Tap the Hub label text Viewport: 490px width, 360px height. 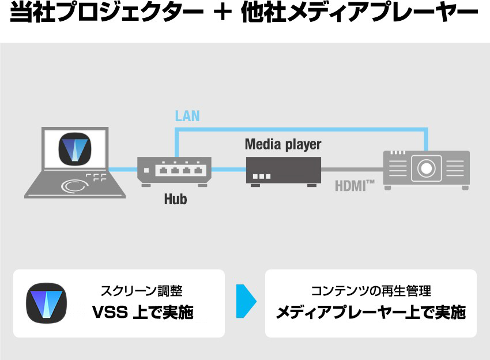pyautogui.click(x=175, y=200)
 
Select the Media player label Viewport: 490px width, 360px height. pyautogui.click(x=283, y=144)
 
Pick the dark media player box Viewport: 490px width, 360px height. pyautogui.click(x=283, y=170)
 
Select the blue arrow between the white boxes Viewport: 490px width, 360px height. pyautogui.click(x=245, y=301)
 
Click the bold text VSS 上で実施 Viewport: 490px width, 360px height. pyautogui.click(x=142, y=313)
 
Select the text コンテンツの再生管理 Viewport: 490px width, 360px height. pyautogui.click(x=371, y=291)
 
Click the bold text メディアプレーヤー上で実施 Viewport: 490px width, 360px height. pyautogui.click(x=371, y=313)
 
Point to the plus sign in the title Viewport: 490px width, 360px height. pyautogui.click(x=217, y=15)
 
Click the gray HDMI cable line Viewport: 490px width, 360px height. pyautogui.click(x=352, y=170)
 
